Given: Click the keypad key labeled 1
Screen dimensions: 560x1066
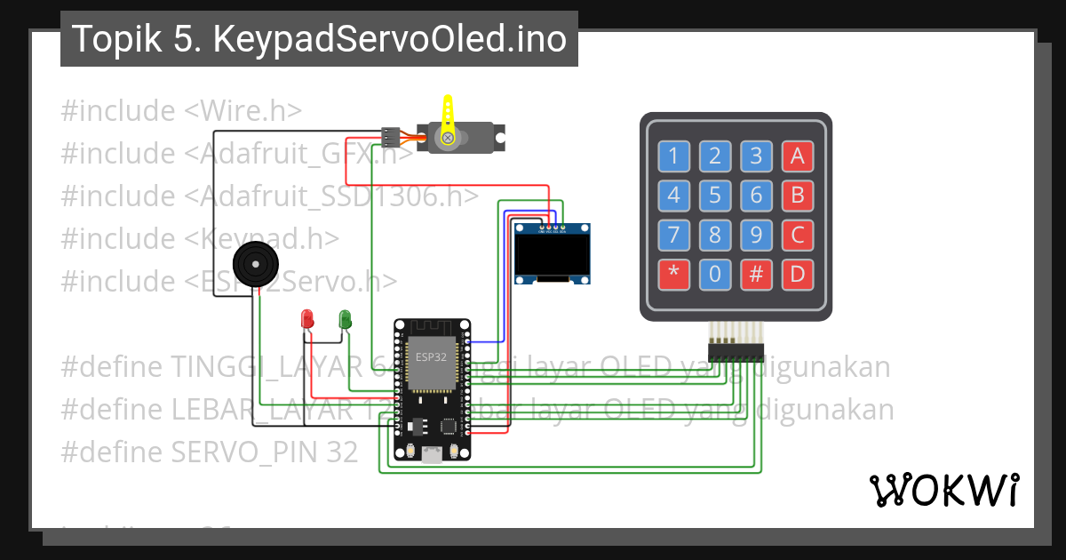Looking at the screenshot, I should (x=672, y=156).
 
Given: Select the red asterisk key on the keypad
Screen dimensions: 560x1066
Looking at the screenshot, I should (x=672, y=275).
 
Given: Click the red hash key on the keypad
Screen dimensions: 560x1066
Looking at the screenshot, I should (x=756, y=275).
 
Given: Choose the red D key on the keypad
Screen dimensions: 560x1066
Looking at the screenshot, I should (x=797, y=275).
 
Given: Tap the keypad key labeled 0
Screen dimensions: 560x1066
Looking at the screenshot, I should (x=714, y=275).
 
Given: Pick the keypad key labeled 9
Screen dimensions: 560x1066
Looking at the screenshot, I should (x=756, y=236).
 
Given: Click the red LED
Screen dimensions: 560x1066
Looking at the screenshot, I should (x=307, y=318).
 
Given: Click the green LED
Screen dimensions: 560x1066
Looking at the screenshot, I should (x=345, y=318).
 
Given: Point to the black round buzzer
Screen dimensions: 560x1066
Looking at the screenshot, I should (x=255, y=264).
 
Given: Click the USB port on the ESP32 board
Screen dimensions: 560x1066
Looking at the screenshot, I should (x=433, y=455).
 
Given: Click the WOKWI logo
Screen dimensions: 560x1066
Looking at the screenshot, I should (x=943, y=490).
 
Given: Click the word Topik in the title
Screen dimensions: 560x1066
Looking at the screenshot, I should (x=111, y=39).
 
